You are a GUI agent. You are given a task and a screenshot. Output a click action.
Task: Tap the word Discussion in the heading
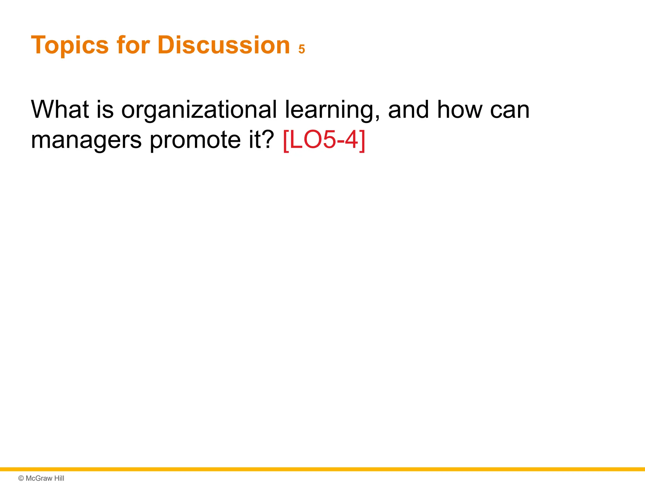coord(223,45)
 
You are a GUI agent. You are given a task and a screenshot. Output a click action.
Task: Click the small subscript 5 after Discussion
coord(302,49)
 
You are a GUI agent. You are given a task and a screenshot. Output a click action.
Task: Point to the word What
coord(60,110)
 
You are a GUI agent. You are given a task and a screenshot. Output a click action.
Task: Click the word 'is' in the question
coord(105,110)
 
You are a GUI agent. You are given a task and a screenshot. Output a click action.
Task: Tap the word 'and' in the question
coord(408,110)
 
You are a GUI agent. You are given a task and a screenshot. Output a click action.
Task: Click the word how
coord(460,110)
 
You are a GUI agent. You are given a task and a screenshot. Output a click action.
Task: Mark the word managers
coord(86,141)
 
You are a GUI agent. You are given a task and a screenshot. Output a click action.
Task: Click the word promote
coord(195,141)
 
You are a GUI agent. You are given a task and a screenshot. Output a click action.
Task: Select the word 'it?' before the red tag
coord(261,140)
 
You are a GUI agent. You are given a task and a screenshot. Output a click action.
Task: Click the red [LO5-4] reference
coord(324,140)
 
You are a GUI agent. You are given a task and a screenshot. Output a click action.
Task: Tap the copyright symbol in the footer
coord(21,478)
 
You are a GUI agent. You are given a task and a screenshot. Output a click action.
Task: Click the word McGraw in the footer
coord(39,478)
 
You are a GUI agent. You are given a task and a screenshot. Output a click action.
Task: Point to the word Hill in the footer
coord(59,478)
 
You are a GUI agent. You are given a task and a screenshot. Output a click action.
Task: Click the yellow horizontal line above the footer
coord(322,469)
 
